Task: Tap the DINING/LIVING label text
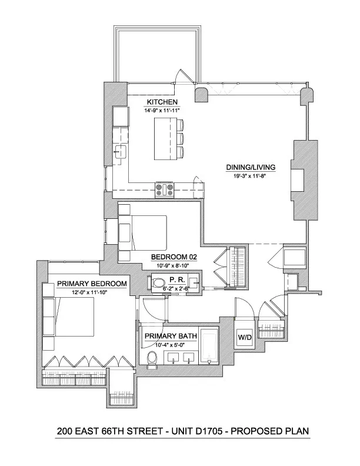point(251,167)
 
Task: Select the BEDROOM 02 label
point(174,257)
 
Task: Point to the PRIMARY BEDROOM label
point(92,284)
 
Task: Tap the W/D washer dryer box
point(244,337)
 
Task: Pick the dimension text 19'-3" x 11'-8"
point(251,175)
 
